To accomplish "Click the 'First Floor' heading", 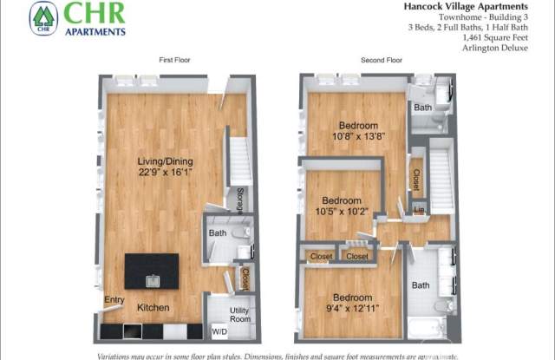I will point(175,60).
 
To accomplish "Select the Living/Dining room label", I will point(165,161).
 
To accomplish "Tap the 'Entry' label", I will point(114,300).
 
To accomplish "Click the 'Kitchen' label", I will point(153,308).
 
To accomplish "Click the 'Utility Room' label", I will point(240,314).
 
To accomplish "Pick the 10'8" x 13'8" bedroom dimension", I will point(357,134).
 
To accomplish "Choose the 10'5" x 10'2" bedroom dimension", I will point(343,210).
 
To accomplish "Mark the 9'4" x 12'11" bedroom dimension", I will point(351,306).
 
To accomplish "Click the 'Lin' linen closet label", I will point(419,210).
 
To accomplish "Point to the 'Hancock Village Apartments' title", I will point(479,6).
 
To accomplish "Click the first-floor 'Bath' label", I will point(217,233).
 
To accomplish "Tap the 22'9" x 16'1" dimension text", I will point(165,172).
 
